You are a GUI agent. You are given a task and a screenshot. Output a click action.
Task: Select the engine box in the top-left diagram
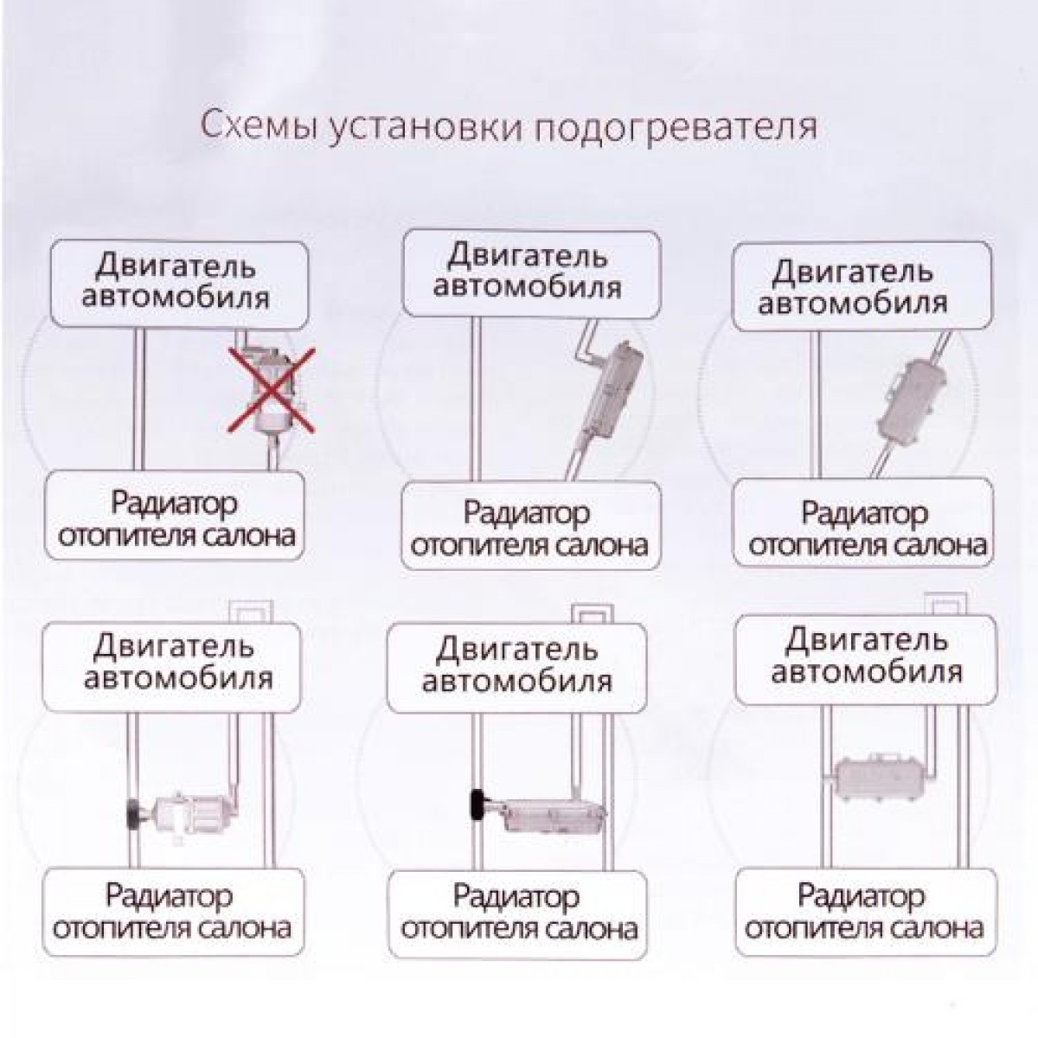(179, 284)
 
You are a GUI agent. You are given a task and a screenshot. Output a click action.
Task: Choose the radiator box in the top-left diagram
(175, 515)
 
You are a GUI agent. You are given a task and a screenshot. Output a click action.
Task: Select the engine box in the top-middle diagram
(532, 273)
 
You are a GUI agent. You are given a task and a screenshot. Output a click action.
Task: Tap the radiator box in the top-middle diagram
(532, 525)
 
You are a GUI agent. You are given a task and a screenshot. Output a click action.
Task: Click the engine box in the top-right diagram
(862, 286)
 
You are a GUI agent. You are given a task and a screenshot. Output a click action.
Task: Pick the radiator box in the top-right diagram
(863, 522)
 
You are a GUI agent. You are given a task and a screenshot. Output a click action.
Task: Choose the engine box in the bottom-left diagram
(172, 667)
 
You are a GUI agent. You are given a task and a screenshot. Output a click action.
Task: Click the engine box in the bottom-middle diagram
(517, 669)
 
